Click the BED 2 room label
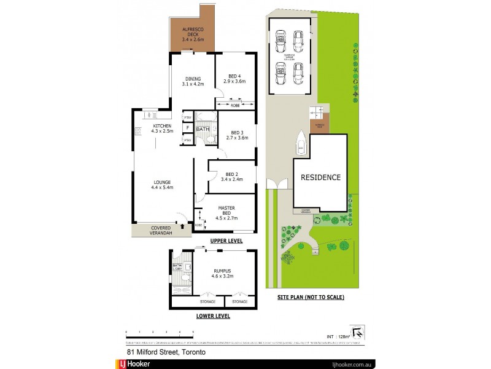(x=231, y=176)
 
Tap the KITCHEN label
(x=163, y=128)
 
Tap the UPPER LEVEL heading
(x=226, y=240)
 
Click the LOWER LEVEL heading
(x=212, y=316)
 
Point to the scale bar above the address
(x=160, y=334)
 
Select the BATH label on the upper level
(x=203, y=130)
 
